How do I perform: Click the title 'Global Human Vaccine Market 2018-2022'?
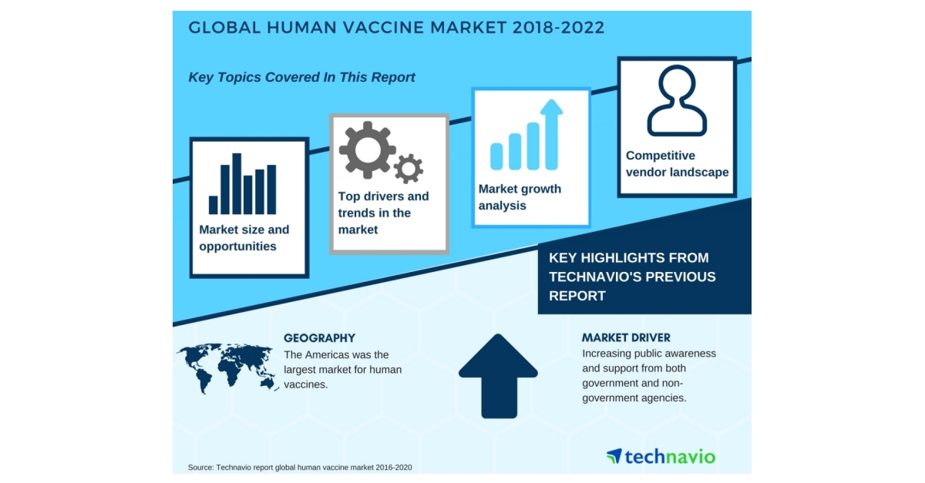coord(396,28)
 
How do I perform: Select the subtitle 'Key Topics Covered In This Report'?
coord(301,77)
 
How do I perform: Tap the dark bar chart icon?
coord(242,185)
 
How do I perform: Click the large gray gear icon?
coord(366,149)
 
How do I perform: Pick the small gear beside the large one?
coord(408,168)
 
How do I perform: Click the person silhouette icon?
coord(677,101)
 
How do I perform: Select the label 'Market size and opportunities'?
coord(244,238)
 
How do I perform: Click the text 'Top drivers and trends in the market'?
coord(383,213)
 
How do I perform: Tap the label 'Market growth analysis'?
coord(520,197)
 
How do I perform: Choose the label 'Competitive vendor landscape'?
coord(677,164)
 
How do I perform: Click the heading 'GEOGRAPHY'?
coord(319,337)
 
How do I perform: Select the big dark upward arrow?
coord(498,375)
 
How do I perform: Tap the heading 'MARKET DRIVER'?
coord(626,337)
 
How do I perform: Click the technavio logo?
coord(661,456)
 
